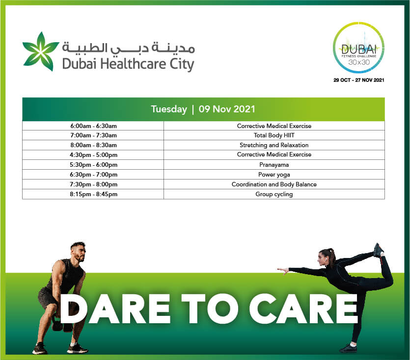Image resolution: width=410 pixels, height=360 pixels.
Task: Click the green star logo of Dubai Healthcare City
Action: [x=41, y=51]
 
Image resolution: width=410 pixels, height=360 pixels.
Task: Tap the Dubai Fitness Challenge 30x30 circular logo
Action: [x=359, y=48]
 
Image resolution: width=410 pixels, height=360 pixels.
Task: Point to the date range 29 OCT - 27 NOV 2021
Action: [x=359, y=80]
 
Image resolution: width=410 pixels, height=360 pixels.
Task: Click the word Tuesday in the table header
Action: [x=169, y=109]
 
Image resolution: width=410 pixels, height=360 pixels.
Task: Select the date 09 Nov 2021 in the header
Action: [x=227, y=109]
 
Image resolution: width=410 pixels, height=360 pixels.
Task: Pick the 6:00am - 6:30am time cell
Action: [x=93, y=126]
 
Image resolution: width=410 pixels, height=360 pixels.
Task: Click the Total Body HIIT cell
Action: [x=274, y=135]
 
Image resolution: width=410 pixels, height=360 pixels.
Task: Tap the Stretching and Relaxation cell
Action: [x=274, y=145]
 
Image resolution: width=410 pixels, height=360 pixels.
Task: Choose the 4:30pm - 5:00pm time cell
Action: [x=93, y=155]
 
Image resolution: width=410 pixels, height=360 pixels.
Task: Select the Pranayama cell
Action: [x=274, y=165]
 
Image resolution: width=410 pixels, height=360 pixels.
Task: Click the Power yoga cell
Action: [x=274, y=175]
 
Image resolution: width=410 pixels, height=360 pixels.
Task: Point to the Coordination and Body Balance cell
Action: [x=274, y=184]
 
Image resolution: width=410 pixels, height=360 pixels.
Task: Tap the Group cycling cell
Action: [x=274, y=194]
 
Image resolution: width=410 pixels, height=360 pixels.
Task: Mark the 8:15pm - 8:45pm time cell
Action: [x=93, y=194]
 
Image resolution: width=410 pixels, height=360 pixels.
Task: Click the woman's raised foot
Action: [x=379, y=250]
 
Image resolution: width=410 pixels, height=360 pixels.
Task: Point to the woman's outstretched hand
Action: [x=283, y=270]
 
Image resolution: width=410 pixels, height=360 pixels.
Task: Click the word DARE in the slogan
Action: [x=115, y=309]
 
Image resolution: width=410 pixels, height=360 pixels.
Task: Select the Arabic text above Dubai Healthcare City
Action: [x=128, y=48]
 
